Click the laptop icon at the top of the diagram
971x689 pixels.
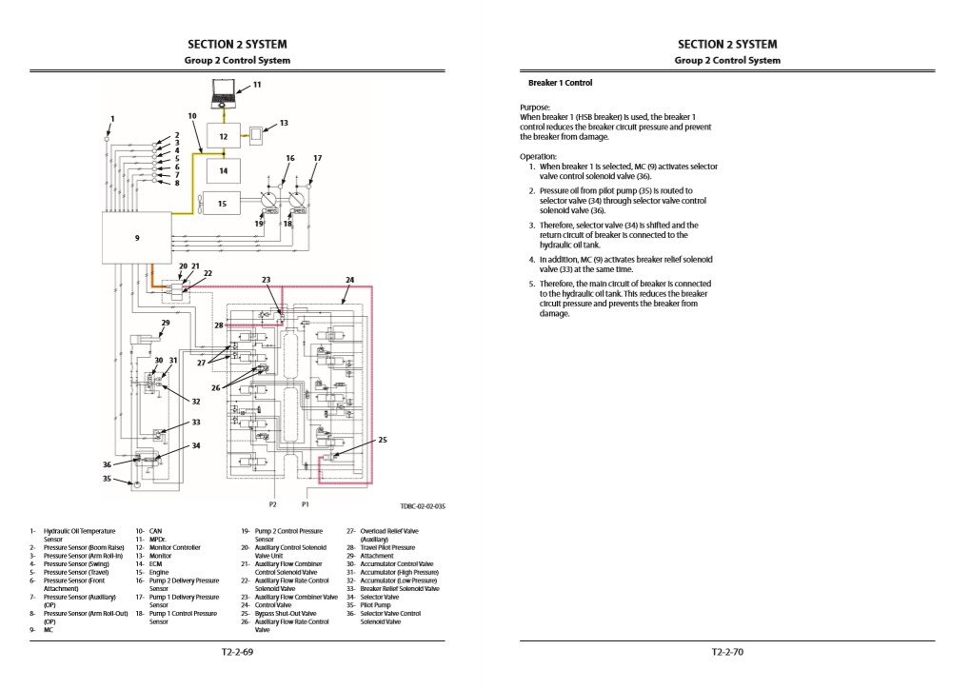point(225,92)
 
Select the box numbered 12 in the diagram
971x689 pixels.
point(224,137)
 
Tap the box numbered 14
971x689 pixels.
point(224,171)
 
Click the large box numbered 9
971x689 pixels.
point(137,238)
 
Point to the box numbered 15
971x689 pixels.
point(223,203)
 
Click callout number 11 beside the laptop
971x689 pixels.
point(256,85)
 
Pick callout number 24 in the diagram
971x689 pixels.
point(349,280)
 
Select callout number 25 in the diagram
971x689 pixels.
point(383,440)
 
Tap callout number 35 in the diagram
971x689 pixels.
point(107,480)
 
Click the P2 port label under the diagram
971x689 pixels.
point(272,503)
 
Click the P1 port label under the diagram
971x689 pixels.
point(306,503)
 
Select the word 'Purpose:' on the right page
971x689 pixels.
point(535,108)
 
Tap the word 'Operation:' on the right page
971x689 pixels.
point(538,156)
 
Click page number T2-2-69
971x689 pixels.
point(237,653)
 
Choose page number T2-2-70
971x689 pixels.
point(727,653)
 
